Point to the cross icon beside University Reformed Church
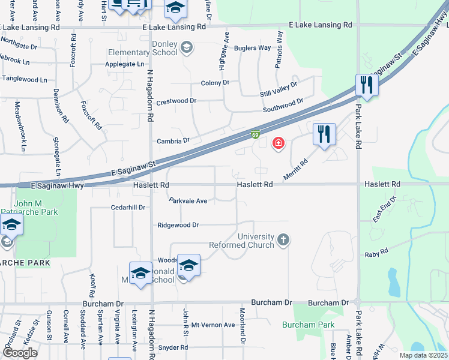coord(283,241)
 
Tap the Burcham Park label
coord(300,325)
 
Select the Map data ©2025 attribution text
coord(422,355)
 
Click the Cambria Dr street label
coord(173,141)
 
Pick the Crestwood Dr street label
coord(176,102)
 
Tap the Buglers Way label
coord(253,48)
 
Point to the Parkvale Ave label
coord(188,201)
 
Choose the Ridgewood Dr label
coord(178,225)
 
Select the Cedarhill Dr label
coord(128,208)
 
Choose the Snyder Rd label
coord(173,347)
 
